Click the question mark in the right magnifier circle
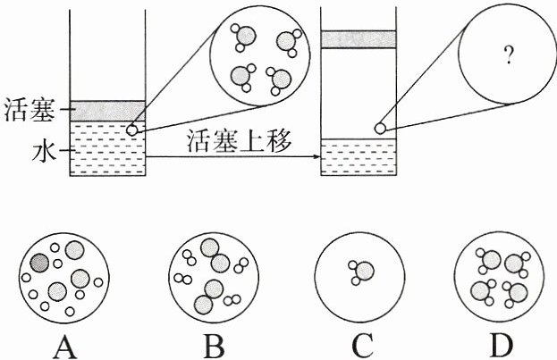[x=507, y=57]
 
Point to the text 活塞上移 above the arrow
[x=239, y=141]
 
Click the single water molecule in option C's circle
[x=361, y=271]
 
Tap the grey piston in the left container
[x=106, y=111]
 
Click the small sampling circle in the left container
[x=133, y=130]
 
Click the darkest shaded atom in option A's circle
[x=39, y=263]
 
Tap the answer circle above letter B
[x=211, y=275]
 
